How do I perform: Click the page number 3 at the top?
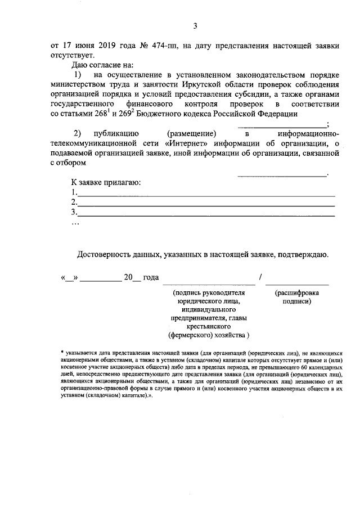point(195,25)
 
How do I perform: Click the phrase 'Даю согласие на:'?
point(96,66)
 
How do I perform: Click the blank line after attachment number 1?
point(205,193)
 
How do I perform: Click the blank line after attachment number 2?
point(205,203)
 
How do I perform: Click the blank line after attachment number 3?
point(205,213)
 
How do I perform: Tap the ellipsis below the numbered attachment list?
point(75,223)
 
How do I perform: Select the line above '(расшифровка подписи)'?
point(297,285)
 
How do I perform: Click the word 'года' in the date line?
point(151,278)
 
